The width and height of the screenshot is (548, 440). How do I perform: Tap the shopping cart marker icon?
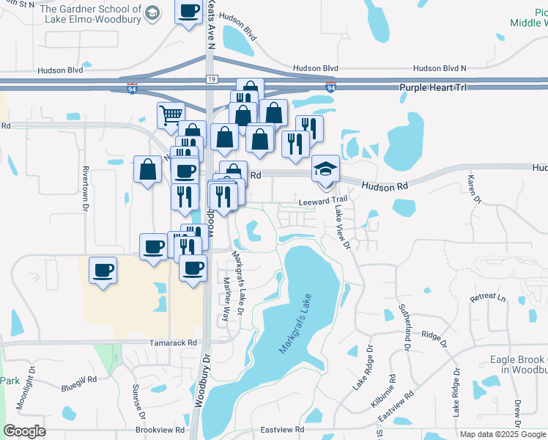coord(171,114)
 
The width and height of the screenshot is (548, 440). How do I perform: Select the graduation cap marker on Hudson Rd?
coord(325,169)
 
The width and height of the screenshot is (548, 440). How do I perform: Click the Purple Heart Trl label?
coord(433,87)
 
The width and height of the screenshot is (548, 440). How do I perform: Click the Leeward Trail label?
coord(322,200)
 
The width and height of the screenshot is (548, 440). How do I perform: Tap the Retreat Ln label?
coord(488,298)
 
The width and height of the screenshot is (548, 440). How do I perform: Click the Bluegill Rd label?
coord(80,380)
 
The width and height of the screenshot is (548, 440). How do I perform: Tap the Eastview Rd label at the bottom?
coord(282,429)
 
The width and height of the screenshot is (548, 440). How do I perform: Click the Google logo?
coord(24,431)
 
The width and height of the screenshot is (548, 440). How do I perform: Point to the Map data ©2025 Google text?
coord(503,434)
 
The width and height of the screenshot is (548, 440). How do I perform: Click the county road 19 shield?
coord(212,78)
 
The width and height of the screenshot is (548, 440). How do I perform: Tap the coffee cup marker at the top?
coord(188,11)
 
